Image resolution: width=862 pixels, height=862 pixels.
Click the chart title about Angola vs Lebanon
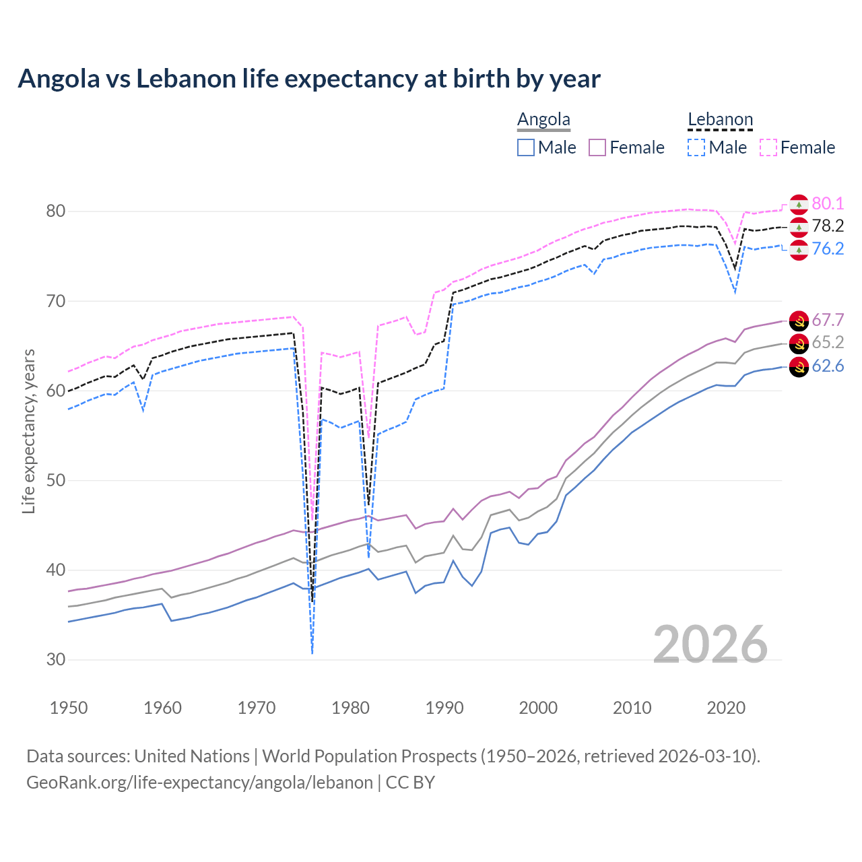pyautogui.click(x=309, y=79)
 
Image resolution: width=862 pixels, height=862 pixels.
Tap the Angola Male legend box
pyautogui.click(x=526, y=147)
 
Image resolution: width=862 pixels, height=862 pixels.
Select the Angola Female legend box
pyautogui.click(x=598, y=147)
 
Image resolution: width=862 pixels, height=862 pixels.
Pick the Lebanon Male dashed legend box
pyautogui.click(x=696, y=147)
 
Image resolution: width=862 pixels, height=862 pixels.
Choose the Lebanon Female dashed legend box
pyautogui.click(x=768, y=147)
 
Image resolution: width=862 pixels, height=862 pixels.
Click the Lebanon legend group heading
pyautogui.click(x=720, y=120)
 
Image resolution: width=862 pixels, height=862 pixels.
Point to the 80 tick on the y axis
pyautogui.click(x=56, y=211)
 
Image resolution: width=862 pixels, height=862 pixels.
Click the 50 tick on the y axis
pyautogui.click(x=56, y=480)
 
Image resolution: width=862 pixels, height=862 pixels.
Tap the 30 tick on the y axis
pyautogui.click(x=56, y=659)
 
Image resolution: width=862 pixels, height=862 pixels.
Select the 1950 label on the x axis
pyautogui.click(x=69, y=708)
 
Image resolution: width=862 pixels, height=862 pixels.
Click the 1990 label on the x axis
pyautogui.click(x=444, y=708)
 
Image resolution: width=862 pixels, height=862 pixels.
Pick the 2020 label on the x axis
pyautogui.click(x=726, y=708)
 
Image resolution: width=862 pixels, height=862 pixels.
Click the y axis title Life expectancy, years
pyautogui.click(x=28, y=431)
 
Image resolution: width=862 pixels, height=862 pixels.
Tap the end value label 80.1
pyautogui.click(x=828, y=203)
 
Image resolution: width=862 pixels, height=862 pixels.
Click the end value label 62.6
pyautogui.click(x=828, y=366)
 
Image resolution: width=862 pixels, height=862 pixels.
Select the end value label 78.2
pyautogui.click(x=828, y=226)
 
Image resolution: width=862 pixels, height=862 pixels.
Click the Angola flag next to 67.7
pyautogui.click(x=799, y=321)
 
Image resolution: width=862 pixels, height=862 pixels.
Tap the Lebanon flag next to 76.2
pyautogui.click(x=799, y=250)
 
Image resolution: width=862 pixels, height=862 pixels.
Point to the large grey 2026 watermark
pyautogui.click(x=710, y=644)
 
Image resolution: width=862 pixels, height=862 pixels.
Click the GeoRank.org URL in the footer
pyautogui.click(x=199, y=783)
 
